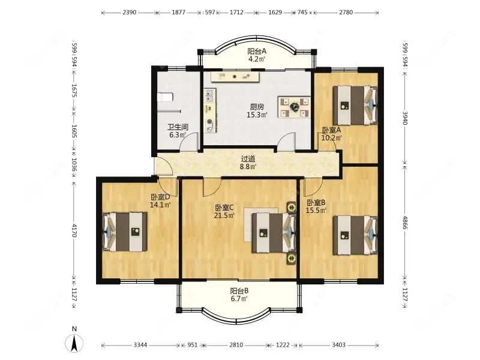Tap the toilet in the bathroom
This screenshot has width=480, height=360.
[165, 97]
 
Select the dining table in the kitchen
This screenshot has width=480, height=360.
[294, 107]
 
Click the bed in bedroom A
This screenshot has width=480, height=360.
[355, 106]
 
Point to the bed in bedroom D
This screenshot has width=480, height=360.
[125, 232]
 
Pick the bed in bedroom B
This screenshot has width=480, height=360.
[355, 235]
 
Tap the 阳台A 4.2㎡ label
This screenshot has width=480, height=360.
[257, 55]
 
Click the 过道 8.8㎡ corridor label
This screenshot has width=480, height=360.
[248, 163]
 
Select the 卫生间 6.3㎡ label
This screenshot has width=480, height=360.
[178, 131]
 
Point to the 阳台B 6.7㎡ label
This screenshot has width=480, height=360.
[239, 295]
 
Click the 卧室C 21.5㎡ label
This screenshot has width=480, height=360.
[224, 212]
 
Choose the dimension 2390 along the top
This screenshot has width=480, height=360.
[129, 13]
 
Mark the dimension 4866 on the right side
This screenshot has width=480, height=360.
[405, 222]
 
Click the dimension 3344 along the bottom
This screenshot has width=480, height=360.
[140, 345]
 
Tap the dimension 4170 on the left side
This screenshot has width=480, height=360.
[74, 230]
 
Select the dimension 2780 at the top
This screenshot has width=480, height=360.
[346, 13]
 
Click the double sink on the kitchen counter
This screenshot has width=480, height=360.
[209, 95]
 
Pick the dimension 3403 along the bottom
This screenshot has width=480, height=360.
[338, 345]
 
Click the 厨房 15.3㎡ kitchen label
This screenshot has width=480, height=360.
[257, 111]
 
